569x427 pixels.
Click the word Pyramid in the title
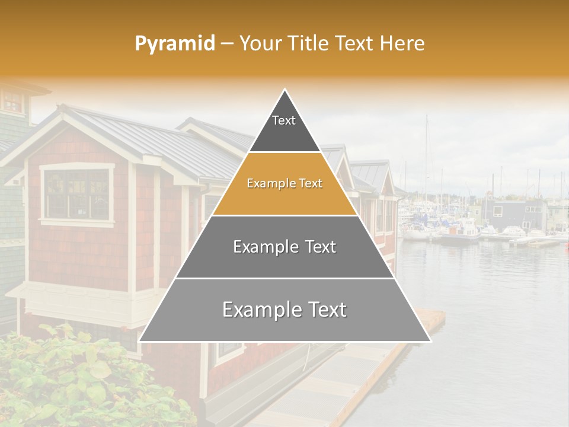(x=175, y=43)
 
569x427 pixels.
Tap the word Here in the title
(x=402, y=43)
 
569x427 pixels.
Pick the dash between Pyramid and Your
(x=227, y=44)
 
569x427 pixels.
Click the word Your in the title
(x=259, y=43)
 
